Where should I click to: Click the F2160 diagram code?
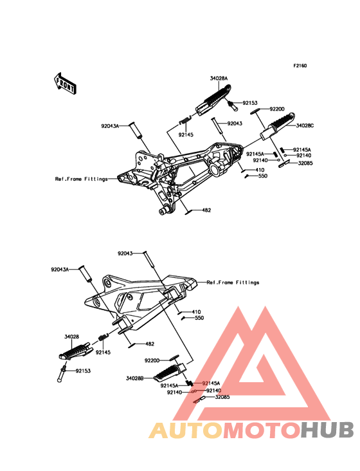point(300,66)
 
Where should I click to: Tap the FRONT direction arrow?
point(65,84)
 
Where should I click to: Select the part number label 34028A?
point(219,78)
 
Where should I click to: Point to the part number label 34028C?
point(305,125)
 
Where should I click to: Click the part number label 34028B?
point(135,378)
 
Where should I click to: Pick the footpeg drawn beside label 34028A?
point(214,99)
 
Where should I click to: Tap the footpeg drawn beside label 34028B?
point(170,373)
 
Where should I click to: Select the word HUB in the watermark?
point(327,430)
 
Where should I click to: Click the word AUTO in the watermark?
point(186,430)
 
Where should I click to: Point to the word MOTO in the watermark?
point(262,430)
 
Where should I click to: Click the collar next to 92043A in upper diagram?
point(135,131)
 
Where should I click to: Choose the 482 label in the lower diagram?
point(150,344)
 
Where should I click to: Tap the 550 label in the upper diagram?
point(262,176)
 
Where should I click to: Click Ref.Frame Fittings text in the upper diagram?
point(81,179)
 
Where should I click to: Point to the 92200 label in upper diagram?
point(277,109)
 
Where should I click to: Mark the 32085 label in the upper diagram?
point(305,163)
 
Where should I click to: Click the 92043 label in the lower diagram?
point(125,254)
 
